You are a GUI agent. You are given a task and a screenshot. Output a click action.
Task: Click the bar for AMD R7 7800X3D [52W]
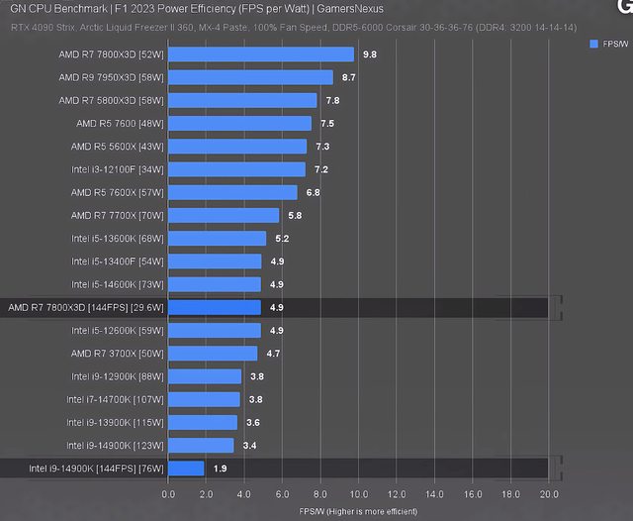[x=261, y=54]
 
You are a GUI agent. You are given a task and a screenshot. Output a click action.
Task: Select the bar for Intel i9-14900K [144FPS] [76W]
[x=187, y=469]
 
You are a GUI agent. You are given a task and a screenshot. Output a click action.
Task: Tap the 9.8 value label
[x=370, y=54]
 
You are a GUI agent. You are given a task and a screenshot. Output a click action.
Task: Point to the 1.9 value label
[x=220, y=469]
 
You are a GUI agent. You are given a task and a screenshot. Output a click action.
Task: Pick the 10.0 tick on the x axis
[x=359, y=494]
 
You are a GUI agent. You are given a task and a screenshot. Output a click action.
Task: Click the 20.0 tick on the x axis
[x=549, y=494]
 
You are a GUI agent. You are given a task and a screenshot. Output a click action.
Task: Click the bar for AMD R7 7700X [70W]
[x=225, y=215]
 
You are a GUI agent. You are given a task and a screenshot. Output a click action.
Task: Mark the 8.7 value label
[x=348, y=77]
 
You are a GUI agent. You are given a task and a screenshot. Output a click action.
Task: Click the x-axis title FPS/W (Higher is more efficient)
[x=358, y=511]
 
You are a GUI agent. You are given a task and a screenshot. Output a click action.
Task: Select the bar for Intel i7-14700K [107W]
[x=205, y=399]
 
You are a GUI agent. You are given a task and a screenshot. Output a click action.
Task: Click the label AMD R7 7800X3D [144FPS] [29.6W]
[x=85, y=308]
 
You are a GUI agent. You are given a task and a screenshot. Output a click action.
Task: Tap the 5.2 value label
[x=282, y=239]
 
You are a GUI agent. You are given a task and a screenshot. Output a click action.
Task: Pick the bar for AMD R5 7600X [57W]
[x=233, y=192]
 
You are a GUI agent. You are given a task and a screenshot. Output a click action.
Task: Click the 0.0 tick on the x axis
[x=169, y=494]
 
